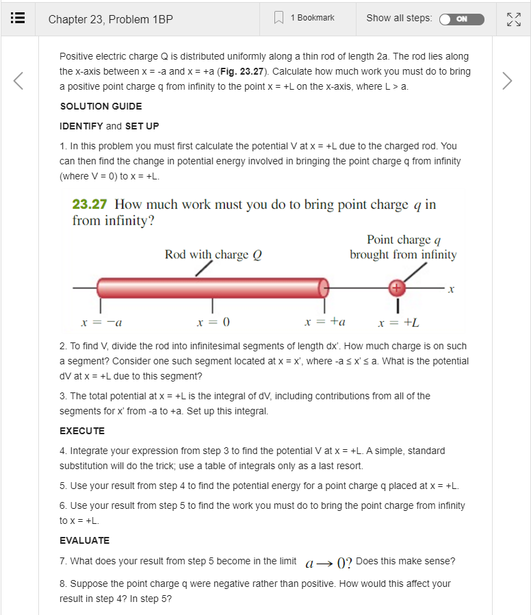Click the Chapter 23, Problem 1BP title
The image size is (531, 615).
coord(110,19)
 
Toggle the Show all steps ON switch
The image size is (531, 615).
coord(461,18)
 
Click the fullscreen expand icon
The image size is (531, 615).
coord(512,19)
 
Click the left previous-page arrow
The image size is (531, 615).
coord(19,81)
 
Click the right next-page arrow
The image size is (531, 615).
coord(506,81)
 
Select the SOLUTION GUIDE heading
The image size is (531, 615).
coord(101,106)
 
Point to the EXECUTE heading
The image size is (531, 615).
coord(82,431)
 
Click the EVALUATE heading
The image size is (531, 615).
coord(84,540)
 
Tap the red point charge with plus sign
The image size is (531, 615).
coord(396,288)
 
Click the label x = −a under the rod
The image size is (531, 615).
coord(102,322)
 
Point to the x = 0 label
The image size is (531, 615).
coord(213,322)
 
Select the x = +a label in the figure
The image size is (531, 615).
coord(325,322)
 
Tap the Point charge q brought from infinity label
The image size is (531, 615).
coord(403,247)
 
